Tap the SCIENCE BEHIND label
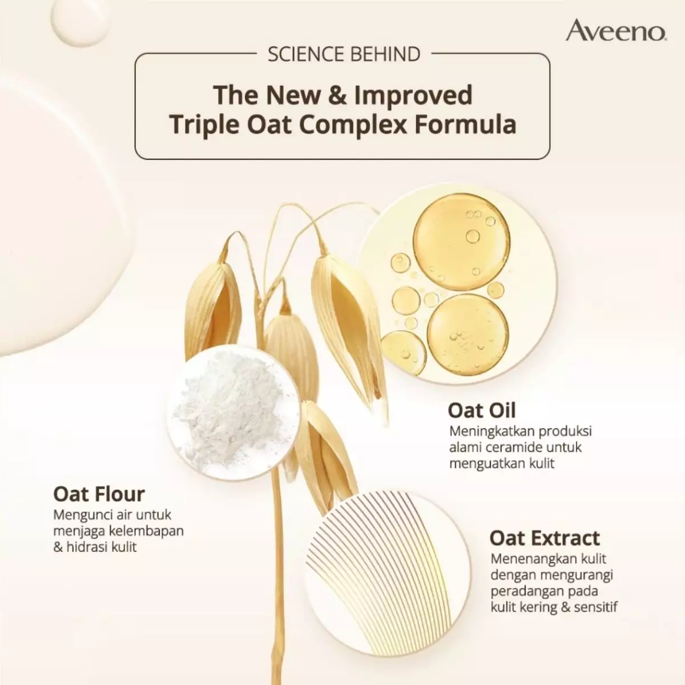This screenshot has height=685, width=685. click(x=344, y=54)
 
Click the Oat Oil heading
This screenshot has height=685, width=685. click(x=481, y=410)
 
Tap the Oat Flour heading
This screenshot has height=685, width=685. click(x=99, y=494)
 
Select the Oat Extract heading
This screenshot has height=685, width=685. click(x=544, y=538)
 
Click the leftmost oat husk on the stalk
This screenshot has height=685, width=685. click(x=212, y=308)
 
